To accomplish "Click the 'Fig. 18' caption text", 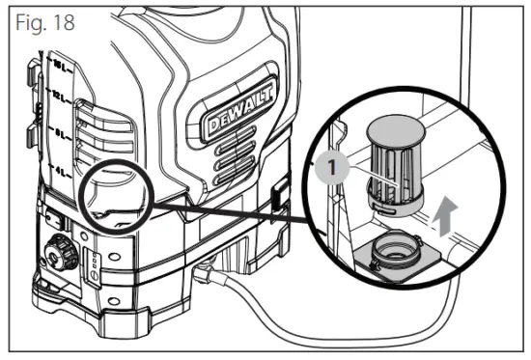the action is [41, 19].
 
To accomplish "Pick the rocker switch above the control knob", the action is [58, 220].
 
